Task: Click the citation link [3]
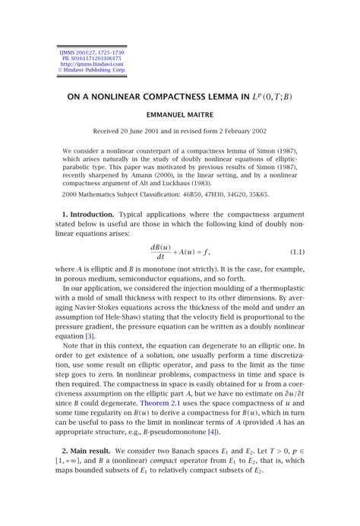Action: [90, 336]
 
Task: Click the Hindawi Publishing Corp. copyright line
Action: [90, 71]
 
